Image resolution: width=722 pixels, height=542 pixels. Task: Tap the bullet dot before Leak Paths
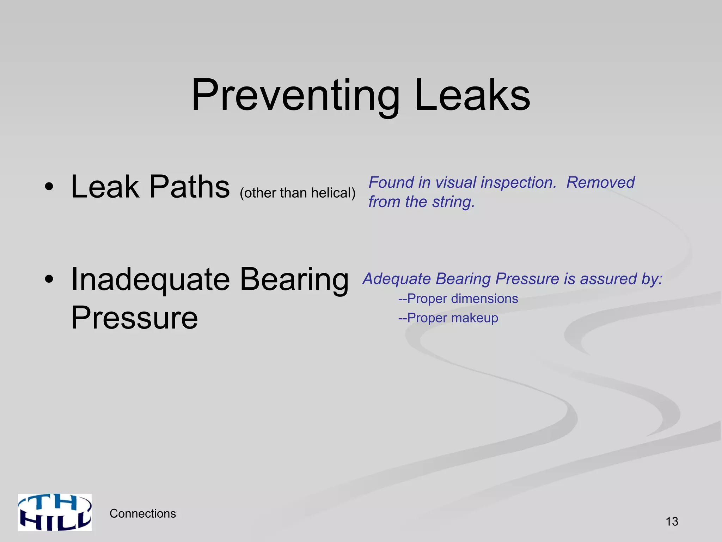(x=49, y=187)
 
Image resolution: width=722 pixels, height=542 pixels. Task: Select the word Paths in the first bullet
(x=190, y=187)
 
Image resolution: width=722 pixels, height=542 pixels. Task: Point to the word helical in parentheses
(x=333, y=193)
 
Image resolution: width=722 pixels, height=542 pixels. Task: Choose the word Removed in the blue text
(x=600, y=183)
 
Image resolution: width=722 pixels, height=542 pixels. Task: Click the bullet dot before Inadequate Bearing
(x=49, y=279)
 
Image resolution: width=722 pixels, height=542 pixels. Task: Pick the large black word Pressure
(x=134, y=318)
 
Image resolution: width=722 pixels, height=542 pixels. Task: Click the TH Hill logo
(x=55, y=512)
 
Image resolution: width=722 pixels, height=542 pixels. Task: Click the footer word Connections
(x=143, y=514)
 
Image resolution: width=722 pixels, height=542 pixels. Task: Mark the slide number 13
(x=672, y=522)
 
